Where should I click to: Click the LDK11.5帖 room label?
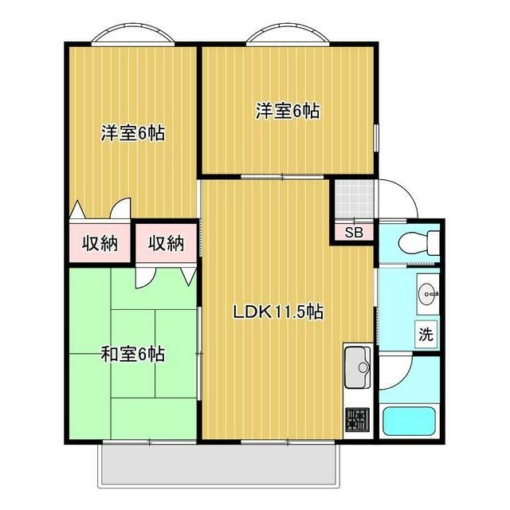pyautogui.click(x=278, y=312)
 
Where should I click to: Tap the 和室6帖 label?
pyautogui.click(x=133, y=354)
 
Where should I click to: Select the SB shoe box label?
pyautogui.click(x=354, y=232)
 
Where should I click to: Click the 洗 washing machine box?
pyautogui.click(x=426, y=334)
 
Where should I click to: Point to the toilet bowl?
pyautogui.click(x=418, y=242)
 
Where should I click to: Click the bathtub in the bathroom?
pyautogui.click(x=409, y=421)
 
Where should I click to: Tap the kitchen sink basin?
pyautogui.click(x=358, y=367)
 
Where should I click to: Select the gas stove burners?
pyautogui.click(x=358, y=420)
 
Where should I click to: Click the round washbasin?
pyautogui.click(x=427, y=294)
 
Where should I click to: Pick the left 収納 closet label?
pyautogui.click(x=100, y=242)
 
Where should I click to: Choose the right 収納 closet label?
pyautogui.click(x=167, y=242)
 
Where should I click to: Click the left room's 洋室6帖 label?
pyautogui.click(x=133, y=133)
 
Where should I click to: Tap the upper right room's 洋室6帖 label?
pyautogui.click(x=288, y=111)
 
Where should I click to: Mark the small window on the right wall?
pyautogui.click(x=376, y=137)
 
